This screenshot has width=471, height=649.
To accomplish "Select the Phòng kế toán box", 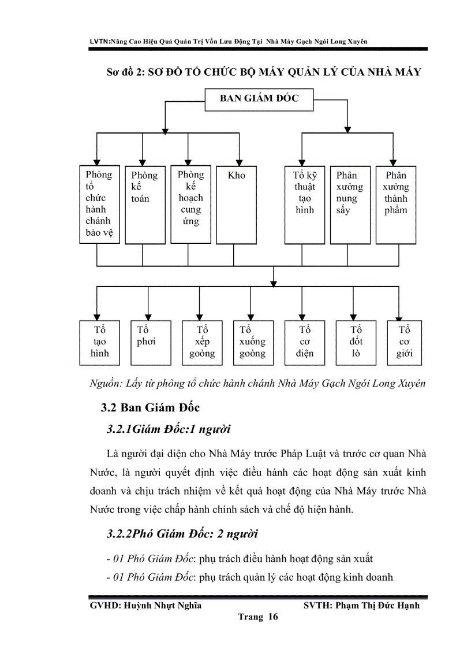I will [145, 204].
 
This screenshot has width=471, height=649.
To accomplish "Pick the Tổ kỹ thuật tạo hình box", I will [305, 204].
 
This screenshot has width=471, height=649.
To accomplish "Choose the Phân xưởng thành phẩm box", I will [396, 204].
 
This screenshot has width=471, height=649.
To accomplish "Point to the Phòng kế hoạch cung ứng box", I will [191, 204].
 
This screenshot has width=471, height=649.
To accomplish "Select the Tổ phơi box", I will [150, 343].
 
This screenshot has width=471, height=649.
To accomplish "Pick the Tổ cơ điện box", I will [305, 343].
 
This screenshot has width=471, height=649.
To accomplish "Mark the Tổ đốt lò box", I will [356, 343].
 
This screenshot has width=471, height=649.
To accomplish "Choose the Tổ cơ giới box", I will [404, 343].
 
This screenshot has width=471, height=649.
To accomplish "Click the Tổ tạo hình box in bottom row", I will [99, 343].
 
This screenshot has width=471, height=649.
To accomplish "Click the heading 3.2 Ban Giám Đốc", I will [150, 407].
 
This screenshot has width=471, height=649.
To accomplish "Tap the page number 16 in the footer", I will [272, 617].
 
